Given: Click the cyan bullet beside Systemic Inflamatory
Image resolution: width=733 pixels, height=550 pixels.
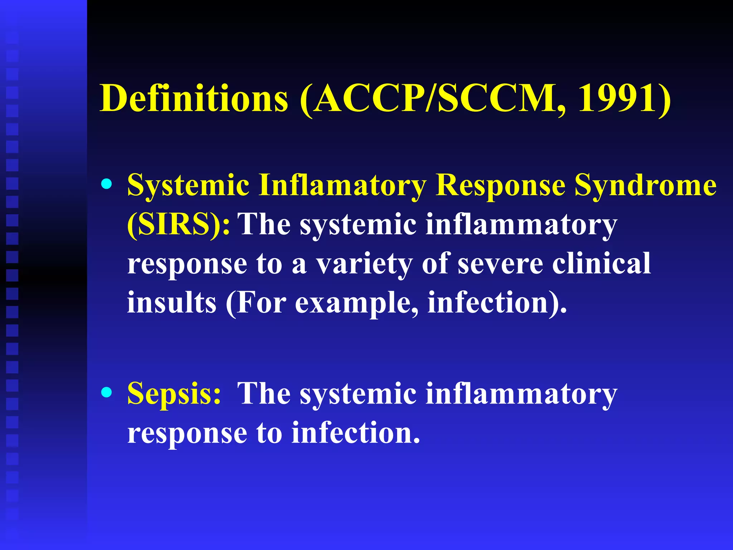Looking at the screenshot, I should click(106, 184).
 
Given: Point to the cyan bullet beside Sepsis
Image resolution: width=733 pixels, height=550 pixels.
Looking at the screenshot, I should click(106, 392).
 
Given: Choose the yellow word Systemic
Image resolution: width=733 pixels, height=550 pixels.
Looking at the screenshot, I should click(188, 185).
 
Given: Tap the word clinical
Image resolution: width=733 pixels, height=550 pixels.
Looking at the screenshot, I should click(601, 264).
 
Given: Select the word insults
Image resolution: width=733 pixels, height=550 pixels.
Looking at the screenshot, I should click(172, 303).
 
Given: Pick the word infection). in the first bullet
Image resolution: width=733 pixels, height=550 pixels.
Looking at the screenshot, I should click(497, 303).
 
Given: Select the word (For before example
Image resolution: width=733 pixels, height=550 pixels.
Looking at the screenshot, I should click(256, 303).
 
